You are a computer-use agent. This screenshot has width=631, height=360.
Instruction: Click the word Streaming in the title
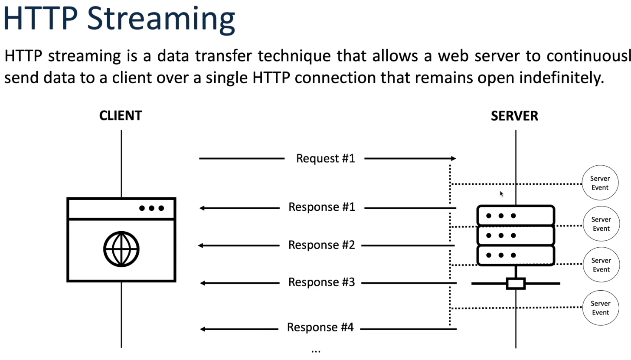[x=161, y=19]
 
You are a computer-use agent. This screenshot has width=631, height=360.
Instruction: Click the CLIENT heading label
[x=121, y=116]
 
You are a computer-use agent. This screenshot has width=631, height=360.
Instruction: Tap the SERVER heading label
[x=514, y=116]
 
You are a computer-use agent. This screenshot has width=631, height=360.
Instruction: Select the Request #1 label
[x=325, y=158]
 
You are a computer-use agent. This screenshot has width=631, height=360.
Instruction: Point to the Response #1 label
[x=322, y=207]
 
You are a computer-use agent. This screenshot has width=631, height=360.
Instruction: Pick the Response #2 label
[x=321, y=245]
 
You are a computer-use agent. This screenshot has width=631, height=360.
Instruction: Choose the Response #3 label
[x=321, y=282]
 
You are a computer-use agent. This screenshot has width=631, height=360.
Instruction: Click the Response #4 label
[x=320, y=327]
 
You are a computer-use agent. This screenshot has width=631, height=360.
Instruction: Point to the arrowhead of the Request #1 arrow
[x=453, y=159]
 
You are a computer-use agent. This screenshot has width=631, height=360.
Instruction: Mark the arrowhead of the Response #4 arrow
[x=203, y=329]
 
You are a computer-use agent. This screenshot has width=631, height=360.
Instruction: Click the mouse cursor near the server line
[x=501, y=194]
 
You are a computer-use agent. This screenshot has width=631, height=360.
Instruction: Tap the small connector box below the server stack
[x=516, y=278]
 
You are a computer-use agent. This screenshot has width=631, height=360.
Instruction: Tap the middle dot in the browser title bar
[x=151, y=208]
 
